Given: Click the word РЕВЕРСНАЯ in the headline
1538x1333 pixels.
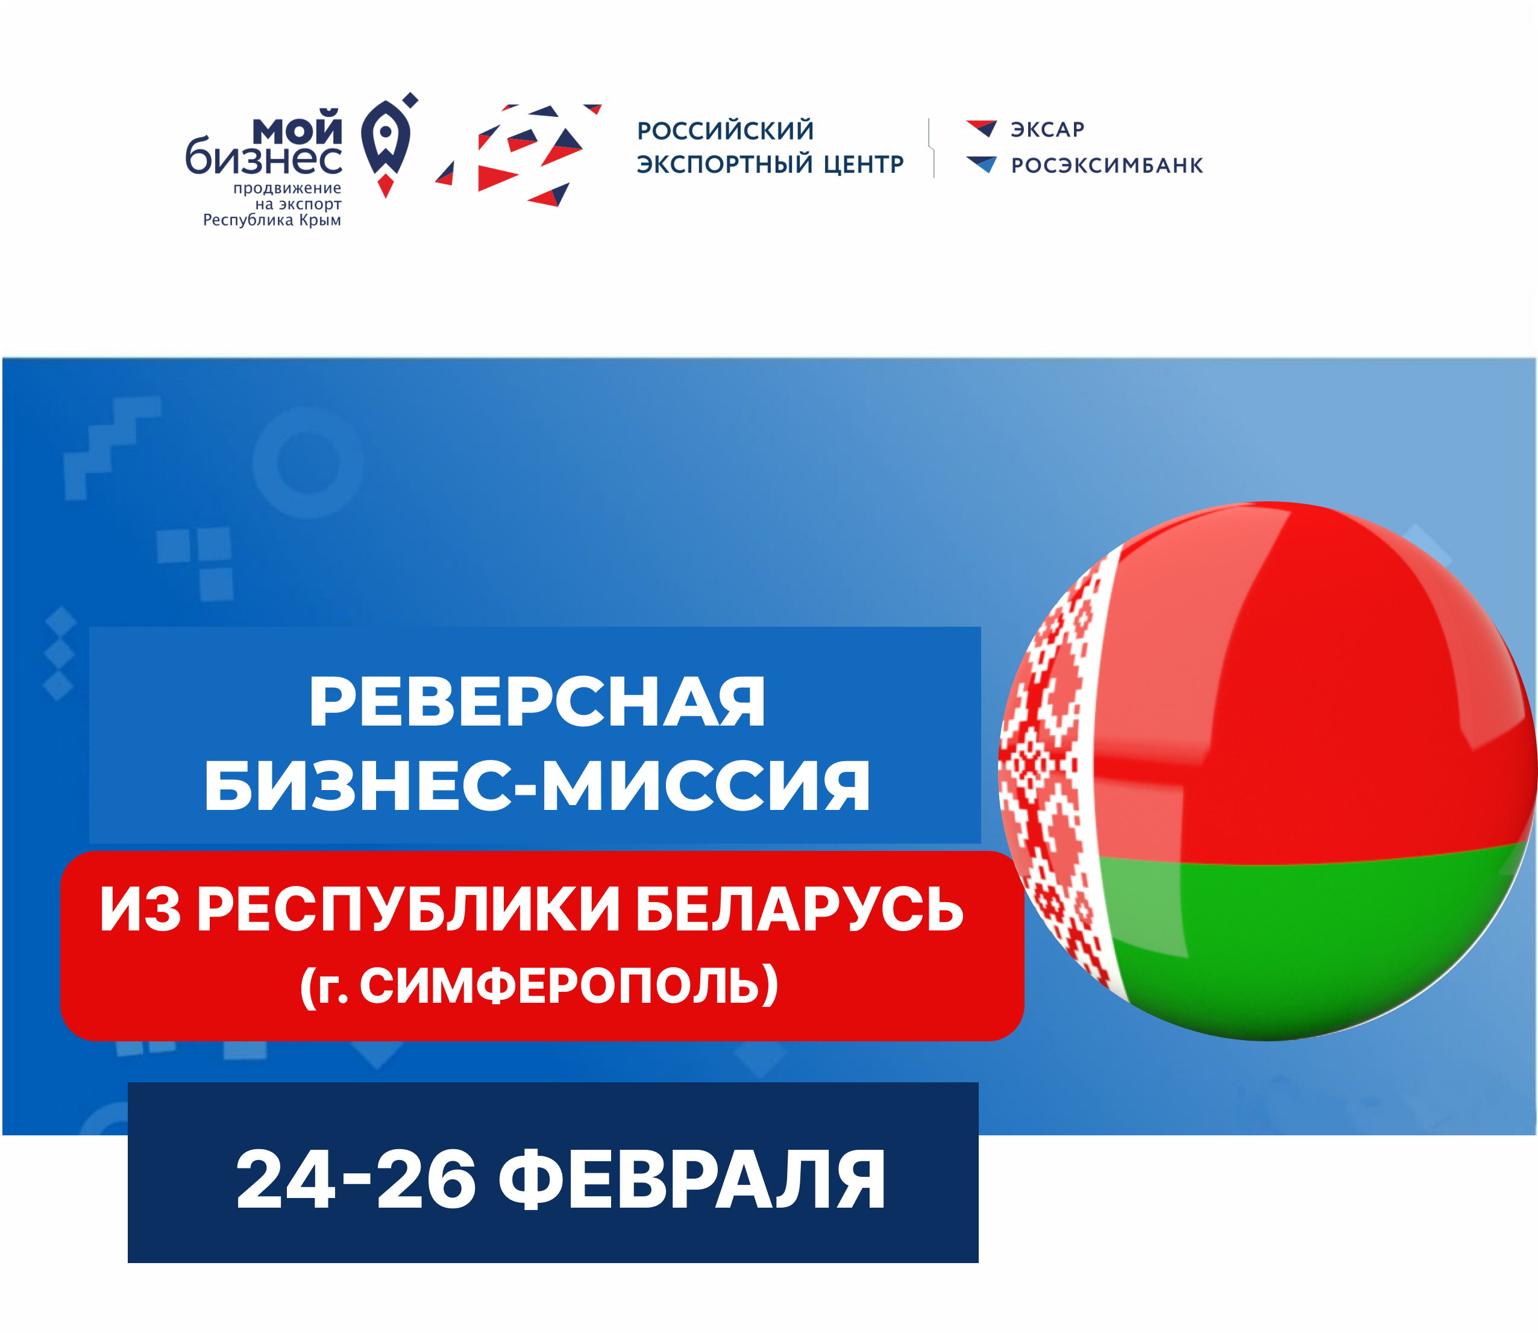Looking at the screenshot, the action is coord(537,702).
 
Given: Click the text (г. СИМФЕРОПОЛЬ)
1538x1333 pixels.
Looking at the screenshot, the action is coord(539,986).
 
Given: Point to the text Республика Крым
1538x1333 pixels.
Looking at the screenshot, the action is coord(272,220).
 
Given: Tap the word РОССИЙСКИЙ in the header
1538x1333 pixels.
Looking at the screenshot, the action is coord(726,130).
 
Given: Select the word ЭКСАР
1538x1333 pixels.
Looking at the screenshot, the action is coord(1047,130).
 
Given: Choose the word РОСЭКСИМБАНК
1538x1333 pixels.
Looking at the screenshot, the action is coord(1106,165).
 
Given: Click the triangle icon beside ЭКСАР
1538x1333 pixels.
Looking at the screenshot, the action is coord(982,128).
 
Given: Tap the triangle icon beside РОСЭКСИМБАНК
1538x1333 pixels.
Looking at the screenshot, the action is coord(982,165).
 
